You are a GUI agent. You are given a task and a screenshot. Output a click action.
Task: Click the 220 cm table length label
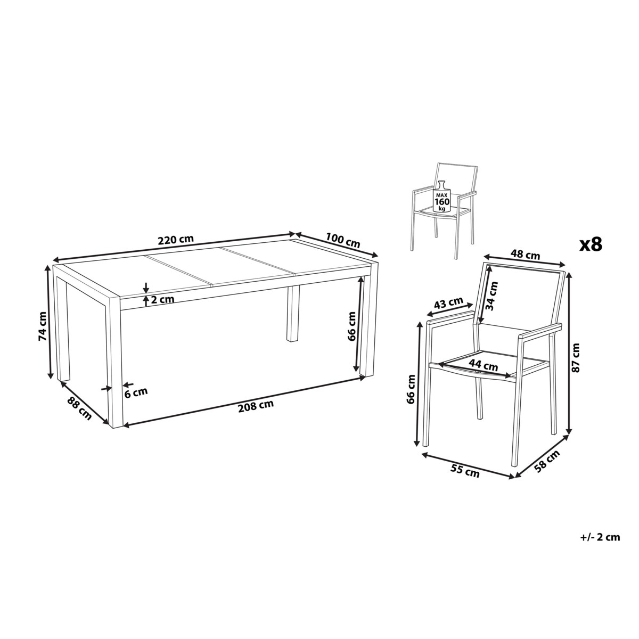175,240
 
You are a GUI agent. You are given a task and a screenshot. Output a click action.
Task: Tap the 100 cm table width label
342,240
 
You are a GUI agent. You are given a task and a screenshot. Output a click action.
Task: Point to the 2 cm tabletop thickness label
162,299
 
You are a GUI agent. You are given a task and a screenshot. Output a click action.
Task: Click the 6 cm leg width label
136,392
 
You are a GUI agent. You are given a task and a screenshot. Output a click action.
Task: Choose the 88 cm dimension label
79,408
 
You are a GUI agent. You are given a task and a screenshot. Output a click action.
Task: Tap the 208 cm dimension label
256,406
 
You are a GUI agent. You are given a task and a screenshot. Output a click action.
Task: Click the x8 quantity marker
590,245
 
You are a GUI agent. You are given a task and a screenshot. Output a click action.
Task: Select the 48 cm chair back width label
525,255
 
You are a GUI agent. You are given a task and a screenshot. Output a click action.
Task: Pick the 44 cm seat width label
483,365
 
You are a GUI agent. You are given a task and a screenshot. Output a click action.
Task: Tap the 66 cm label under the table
351,326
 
